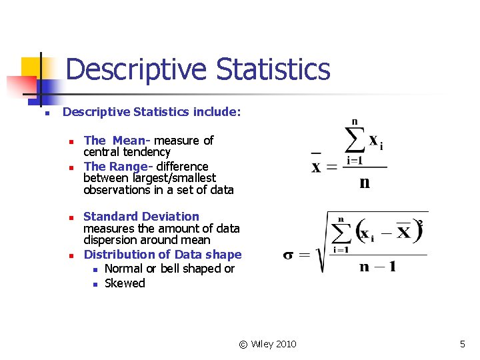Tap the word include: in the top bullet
(217, 112)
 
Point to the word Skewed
(125, 283)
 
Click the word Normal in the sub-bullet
(125, 269)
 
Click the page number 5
(462, 344)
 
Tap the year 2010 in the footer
(285, 344)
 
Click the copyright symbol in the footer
(243, 344)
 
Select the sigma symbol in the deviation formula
(289, 255)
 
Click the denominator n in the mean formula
(364, 183)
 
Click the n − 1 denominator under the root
(377, 267)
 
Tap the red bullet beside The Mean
(71, 141)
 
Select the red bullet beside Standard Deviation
(71, 217)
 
